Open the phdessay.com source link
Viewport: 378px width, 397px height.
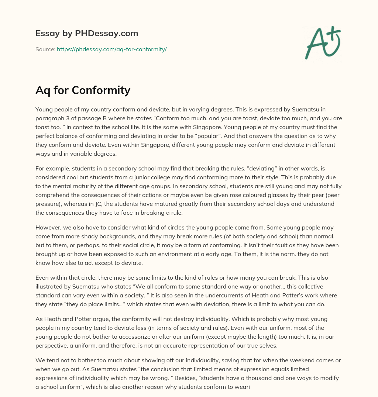pos(111,49)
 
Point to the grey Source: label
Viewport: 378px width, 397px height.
pos(45,49)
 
